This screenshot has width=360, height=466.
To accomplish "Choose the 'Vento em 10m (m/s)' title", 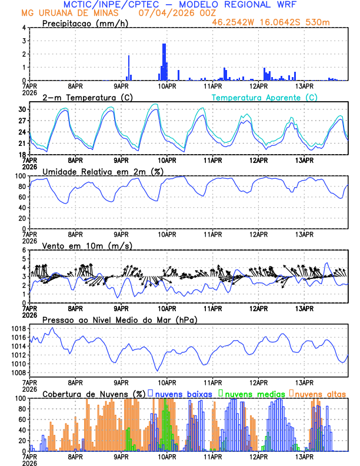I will (x=87, y=245).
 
